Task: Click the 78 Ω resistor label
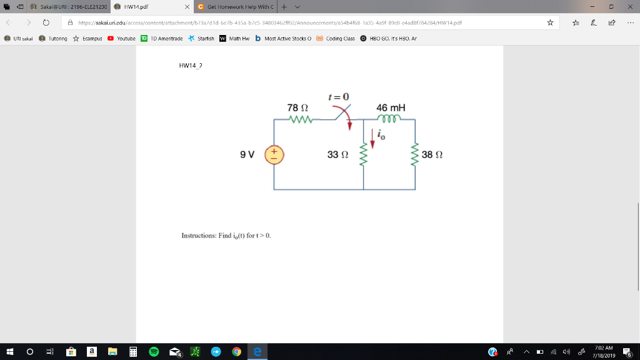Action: [x=292, y=107]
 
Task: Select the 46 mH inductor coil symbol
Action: [x=392, y=119]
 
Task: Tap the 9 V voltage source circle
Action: [x=274, y=154]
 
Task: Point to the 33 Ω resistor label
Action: [x=337, y=154]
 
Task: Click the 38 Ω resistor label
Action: [x=432, y=154]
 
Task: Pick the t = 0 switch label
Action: [x=338, y=97]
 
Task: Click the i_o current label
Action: [x=382, y=134]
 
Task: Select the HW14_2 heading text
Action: [x=191, y=65]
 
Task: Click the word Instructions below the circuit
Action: [x=198, y=236]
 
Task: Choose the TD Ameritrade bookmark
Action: [x=161, y=38]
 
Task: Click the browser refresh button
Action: [x=46, y=22]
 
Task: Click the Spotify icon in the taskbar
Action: [x=154, y=352]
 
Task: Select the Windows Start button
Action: [x=9, y=352]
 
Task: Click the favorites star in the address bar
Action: [x=550, y=22]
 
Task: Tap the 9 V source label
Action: [x=247, y=154]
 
